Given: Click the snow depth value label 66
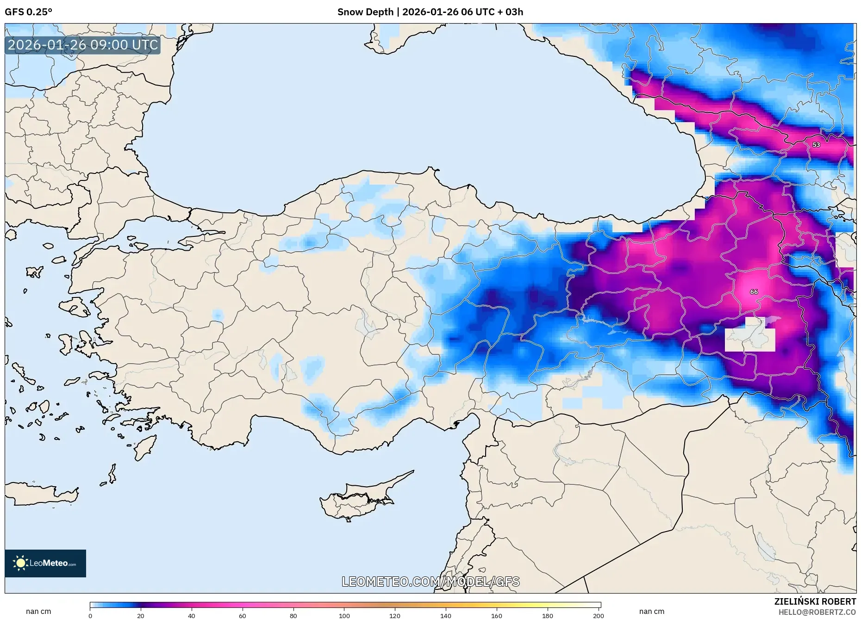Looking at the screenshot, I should (754, 292).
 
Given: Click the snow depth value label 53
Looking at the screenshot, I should (816, 145).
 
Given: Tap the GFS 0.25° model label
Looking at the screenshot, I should (28, 12).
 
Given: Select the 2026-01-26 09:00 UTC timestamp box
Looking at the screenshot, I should (83, 45).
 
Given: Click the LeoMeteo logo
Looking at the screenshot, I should (45, 563).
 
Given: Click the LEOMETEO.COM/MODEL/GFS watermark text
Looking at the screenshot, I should (430, 582).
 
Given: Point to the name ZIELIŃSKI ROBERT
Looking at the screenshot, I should (815, 601).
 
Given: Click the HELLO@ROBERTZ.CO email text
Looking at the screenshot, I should (817, 612).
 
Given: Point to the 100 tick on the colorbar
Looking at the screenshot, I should (344, 615).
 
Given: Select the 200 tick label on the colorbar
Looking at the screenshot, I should (599, 615).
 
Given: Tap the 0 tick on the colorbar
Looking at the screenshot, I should (90, 615).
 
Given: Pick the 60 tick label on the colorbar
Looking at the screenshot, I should (243, 615).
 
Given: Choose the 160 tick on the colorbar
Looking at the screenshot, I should (497, 615).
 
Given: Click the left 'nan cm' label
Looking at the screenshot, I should (38, 612).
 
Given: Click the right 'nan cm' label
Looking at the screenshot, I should (651, 612).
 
